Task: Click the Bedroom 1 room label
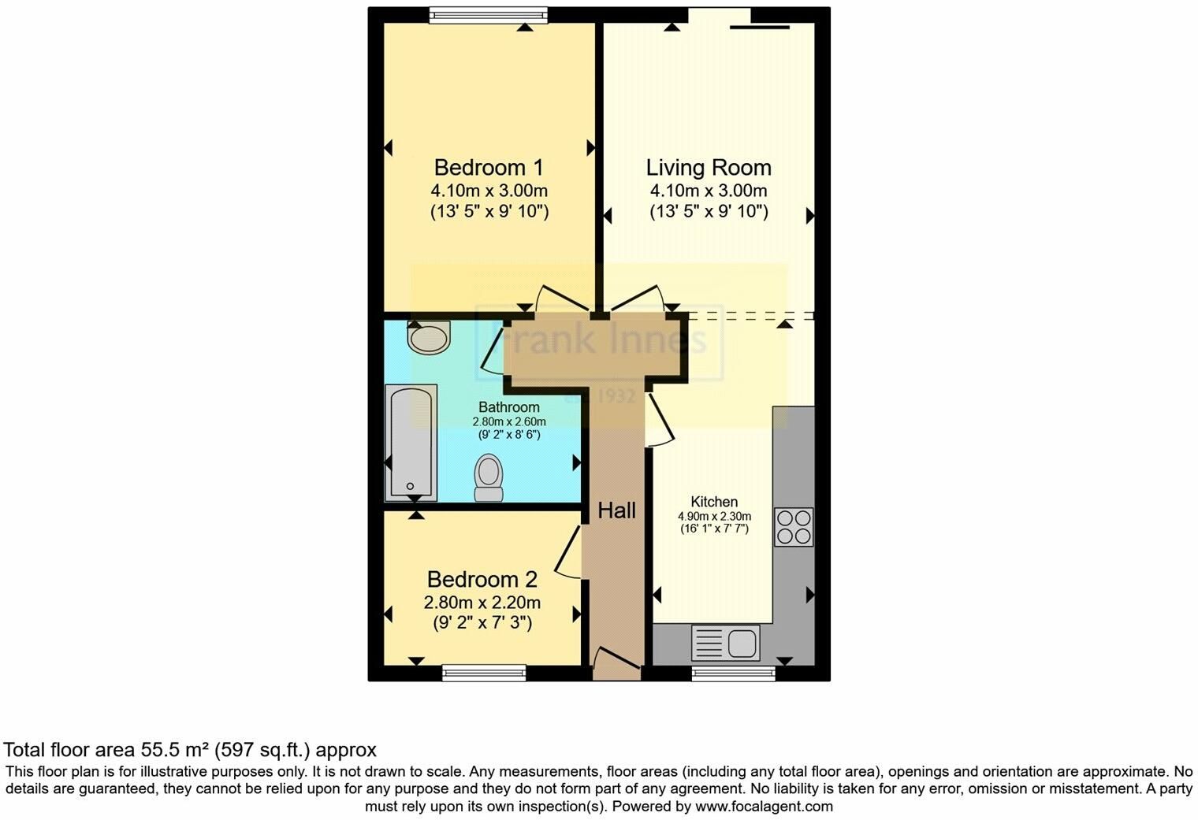tap(489, 168)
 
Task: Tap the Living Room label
tap(709, 168)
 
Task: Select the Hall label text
tap(616, 510)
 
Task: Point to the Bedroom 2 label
tap(482, 580)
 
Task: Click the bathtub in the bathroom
tap(411, 443)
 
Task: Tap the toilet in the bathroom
tap(489, 477)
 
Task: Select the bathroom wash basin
tap(429, 337)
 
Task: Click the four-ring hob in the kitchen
tap(794, 527)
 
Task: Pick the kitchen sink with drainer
tap(725, 642)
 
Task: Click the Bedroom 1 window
tap(489, 15)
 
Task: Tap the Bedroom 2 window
tap(484, 673)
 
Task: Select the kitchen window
tap(733, 673)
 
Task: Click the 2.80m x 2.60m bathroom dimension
tap(509, 421)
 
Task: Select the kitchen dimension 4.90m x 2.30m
tap(715, 517)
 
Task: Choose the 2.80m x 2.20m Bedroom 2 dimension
tap(482, 603)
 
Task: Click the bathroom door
tap(492, 350)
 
